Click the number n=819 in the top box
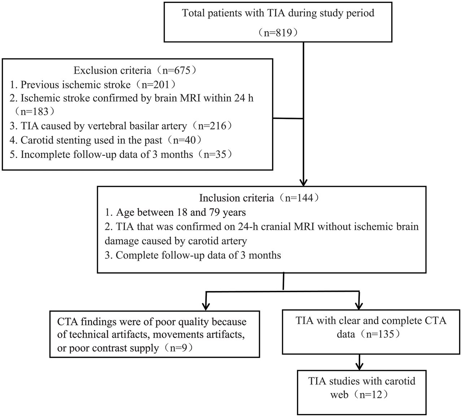click(278, 32)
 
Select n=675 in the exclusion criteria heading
click(176, 70)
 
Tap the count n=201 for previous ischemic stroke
click(156, 84)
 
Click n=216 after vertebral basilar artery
click(212, 126)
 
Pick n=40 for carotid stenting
click(184, 140)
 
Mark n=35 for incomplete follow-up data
click(215, 154)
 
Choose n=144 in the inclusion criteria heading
click(299, 198)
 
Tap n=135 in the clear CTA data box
click(380, 334)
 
